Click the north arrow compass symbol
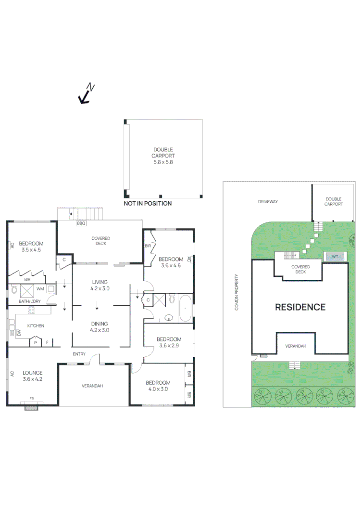coord(86,94)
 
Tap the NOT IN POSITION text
coord(147,204)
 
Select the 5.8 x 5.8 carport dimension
coord(163,162)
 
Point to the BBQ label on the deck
coord(81,223)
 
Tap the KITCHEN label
coord(35,326)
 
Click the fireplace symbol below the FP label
coord(31,407)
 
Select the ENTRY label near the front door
coord(79,354)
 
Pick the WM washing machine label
coord(40,289)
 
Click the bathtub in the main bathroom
coord(185,308)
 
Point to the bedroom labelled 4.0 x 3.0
coord(158,386)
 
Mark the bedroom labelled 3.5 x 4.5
coord(32,247)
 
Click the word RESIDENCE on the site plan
coord(300,307)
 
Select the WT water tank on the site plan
coord(335,257)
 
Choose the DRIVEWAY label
coord(268,202)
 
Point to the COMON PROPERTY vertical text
coord(237,292)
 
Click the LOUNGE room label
coord(32,376)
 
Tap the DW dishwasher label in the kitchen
coord(18,332)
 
